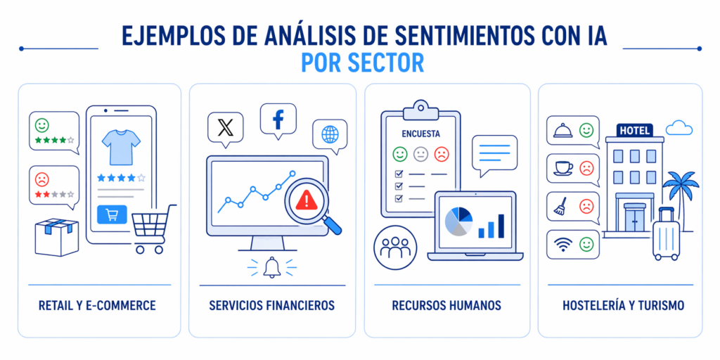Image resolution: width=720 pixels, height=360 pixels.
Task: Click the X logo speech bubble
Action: click(225, 127)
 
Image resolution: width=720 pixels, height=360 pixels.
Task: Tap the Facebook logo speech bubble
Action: click(278, 118)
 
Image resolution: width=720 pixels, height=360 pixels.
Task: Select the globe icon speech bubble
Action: click(330, 134)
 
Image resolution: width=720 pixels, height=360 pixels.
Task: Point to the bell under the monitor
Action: click(270, 266)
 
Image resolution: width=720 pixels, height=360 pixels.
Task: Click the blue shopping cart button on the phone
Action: click(112, 214)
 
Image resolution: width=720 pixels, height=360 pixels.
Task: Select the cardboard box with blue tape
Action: click(58, 237)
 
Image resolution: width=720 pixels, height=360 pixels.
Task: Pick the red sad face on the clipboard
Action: click(441, 153)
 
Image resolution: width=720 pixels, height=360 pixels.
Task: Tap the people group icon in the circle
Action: click(395, 247)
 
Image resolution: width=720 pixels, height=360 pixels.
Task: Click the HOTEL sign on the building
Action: click(634, 130)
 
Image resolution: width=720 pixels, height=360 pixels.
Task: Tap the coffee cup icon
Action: click(562, 168)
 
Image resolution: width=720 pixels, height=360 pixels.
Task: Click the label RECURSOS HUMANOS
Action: click(447, 306)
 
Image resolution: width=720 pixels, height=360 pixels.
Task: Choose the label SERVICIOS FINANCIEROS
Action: click(271, 306)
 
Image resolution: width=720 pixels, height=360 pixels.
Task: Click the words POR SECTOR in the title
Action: click(362, 63)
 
